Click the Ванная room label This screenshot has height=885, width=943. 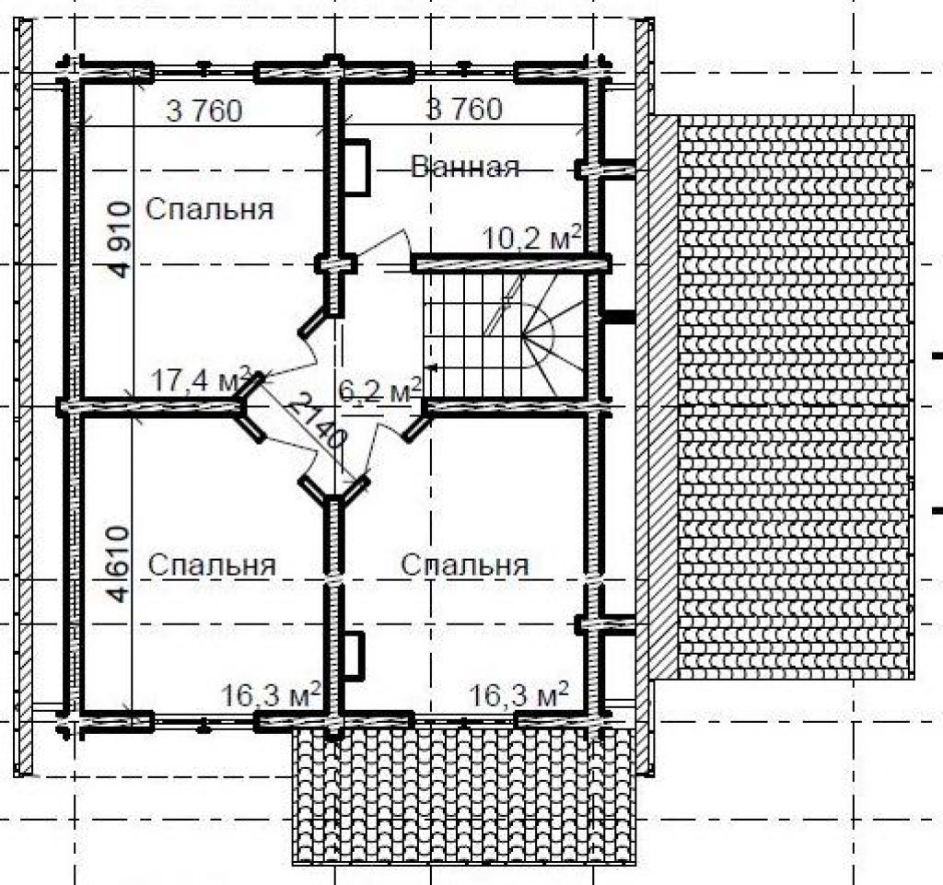[465, 166]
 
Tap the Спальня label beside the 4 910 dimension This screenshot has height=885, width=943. [210, 209]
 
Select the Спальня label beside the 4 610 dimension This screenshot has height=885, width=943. [212, 565]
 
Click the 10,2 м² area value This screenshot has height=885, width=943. [533, 239]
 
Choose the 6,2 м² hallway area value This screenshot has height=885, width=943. [379, 391]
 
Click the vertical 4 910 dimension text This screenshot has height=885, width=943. [121, 239]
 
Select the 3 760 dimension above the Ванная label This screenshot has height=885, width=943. [464, 110]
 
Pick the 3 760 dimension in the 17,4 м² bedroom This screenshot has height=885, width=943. [204, 111]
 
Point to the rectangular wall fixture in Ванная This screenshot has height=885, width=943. [356, 167]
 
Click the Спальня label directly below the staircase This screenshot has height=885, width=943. [465, 565]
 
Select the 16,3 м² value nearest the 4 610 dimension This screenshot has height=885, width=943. [271, 695]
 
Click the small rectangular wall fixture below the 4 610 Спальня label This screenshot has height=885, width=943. [355, 656]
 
